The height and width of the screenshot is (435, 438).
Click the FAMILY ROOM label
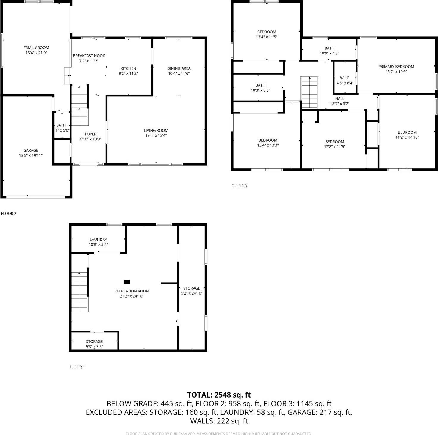point(36,48)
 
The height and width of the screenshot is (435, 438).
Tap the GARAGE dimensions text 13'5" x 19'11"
point(31,155)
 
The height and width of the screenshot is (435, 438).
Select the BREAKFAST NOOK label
point(89,56)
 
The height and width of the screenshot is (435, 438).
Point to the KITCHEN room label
point(128,68)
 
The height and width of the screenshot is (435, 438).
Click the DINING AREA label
point(179,68)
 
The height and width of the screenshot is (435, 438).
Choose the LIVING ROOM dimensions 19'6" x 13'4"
point(156,135)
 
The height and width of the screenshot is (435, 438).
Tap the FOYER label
point(90,134)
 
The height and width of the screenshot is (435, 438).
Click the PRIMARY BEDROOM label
point(396,67)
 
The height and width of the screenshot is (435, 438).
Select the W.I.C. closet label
point(345,78)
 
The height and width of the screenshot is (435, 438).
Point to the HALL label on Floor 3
point(340,99)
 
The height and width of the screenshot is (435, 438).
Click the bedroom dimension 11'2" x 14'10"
point(407,137)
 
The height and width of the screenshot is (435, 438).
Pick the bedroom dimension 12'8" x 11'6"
point(334,147)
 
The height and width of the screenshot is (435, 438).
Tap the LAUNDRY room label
point(98,240)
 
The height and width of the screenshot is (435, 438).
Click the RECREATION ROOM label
point(132,291)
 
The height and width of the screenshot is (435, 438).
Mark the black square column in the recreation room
point(127,282)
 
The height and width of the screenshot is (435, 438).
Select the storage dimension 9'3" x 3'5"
point(94,347)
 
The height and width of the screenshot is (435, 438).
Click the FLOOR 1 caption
point(77,367)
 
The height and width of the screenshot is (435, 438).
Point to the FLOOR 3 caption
point(239,186)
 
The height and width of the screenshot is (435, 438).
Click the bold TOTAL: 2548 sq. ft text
point(219,395)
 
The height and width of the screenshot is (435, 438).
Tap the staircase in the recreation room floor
point(79,292)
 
